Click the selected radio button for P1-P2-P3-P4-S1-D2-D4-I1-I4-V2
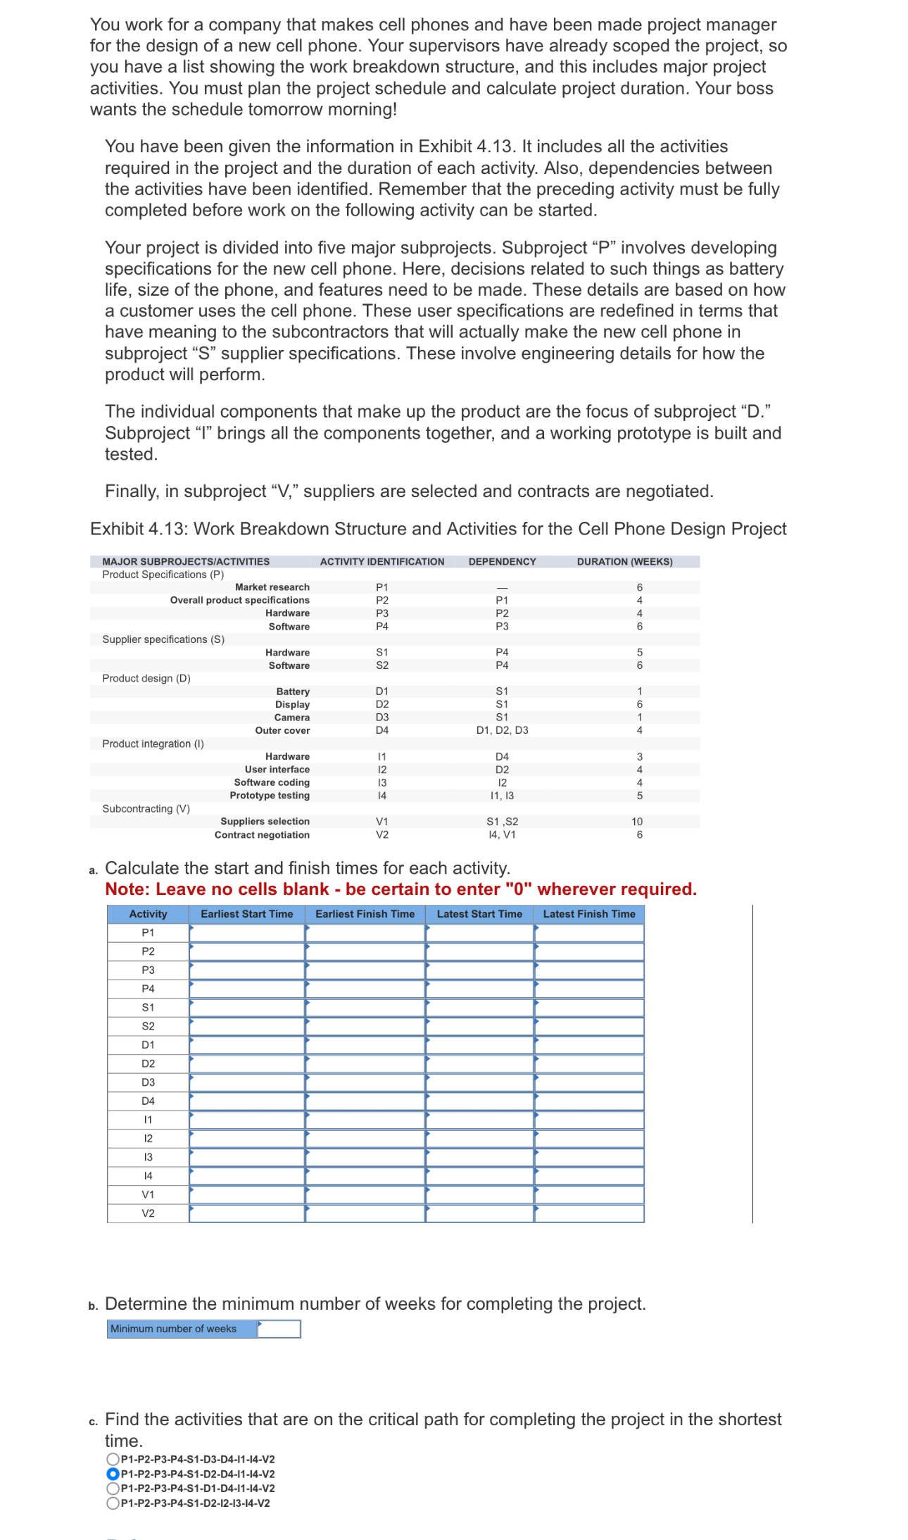click(113, 1474)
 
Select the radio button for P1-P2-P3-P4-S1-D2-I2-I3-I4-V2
click(113, 1503)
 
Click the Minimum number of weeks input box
click(279, 1329)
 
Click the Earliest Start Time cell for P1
click(246, 933)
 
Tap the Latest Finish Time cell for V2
click(589, 1213)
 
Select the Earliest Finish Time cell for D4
click(365, 1101)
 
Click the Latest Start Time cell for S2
click(479, 1027)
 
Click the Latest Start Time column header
click(479, 914)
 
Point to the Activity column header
click(148, 914)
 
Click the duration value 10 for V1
click(637, 822)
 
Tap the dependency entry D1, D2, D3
click(502, 730)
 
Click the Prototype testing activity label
click(270, 796)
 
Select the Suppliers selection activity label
click(265, 822)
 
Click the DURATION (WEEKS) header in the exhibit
click(624, 562)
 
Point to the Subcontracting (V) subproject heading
click(146, 808)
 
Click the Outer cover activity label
click(282, 730)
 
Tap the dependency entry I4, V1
click(502, 834)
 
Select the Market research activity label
click(272, 587)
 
